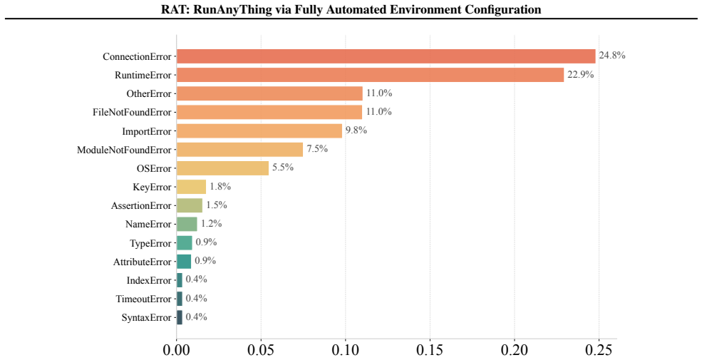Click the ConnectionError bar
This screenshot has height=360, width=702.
pyautogui.click(x=386, y=56)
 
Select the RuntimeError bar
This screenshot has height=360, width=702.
pyautogui.click(x=371, y=75)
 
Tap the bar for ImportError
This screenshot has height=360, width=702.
pyautogui.click(x=259, y=130)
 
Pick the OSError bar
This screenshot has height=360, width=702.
pyautogui.click(x=222, y=168)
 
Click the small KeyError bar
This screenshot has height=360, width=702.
pyautogui.click(x=191, y=187)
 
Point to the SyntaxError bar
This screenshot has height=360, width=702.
pyautogui.click(x=180, y=317)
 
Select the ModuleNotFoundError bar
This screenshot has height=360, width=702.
pyautogui.click(x=239, y=150)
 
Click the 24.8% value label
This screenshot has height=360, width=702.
pyautogui.click(x=612, y=56)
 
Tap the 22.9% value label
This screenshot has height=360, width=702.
pyautogui.click(x=581, y=74)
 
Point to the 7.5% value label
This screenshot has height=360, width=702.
pyautogui.click(x=317, y=149)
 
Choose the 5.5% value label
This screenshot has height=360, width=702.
pyautogui.click(x=283, y=168)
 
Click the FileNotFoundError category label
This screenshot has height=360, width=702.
pyautogui.click(x=132, y=113)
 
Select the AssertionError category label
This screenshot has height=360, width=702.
pyautogui.click(x=142, y=205)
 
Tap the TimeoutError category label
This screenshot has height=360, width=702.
pyautogui.click(x=144, y=299)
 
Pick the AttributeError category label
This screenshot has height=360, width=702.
pyautogui.click(x=143, y=262)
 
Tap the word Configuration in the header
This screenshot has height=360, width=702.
pyautogui.click(x=504, y=9)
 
